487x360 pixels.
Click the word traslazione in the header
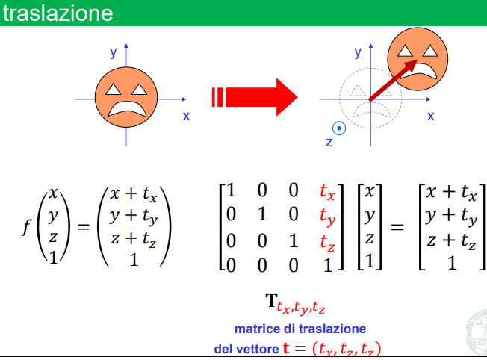tap(58, 13)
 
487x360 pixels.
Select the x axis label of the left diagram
tap(186, 116)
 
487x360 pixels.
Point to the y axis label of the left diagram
tap(114, 52)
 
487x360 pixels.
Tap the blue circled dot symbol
tap(340, 128)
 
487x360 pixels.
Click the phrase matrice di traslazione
tap(299, 328)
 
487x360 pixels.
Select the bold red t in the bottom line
tap(287, 347)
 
